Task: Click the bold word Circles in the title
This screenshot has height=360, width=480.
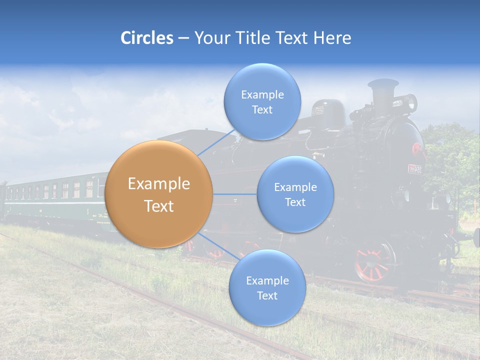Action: (x=147, y=38)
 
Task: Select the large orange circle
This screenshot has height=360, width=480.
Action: (x=159, y=194)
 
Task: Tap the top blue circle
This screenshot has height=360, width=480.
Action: (x=262, y=101)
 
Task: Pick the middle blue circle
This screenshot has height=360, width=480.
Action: (x=295, y=194)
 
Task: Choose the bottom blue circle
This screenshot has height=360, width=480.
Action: (x=267, y=287)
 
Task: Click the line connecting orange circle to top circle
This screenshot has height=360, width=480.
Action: (x=216, y=142)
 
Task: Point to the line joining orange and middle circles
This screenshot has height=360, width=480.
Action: (x=235, y=194)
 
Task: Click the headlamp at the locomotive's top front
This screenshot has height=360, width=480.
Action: (x=411, y=102)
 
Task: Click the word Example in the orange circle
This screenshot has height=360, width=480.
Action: (x=159, y=184)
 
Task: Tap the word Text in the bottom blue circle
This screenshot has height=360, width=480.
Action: (x=267, y=295)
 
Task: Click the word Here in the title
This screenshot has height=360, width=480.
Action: (x=332, y=38)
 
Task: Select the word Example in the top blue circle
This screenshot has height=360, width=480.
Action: (x=262, y=94)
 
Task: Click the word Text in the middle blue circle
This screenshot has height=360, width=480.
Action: (x=295, y=202)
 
